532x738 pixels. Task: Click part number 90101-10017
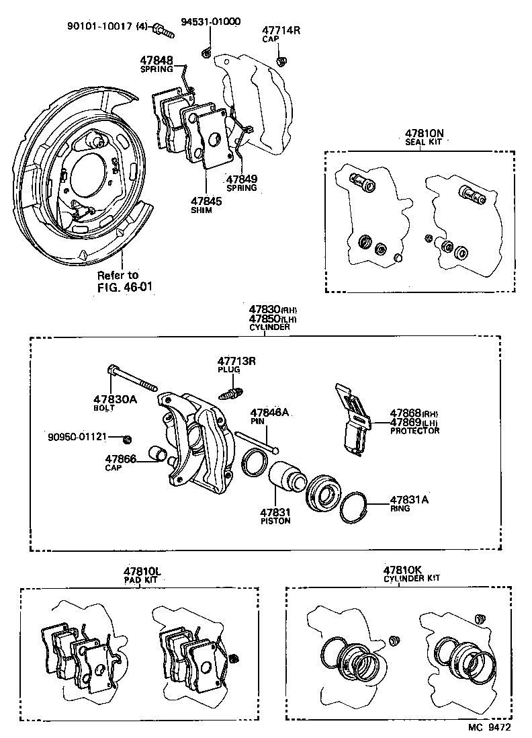(99, 27)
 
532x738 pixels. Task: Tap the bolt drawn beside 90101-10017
(162, 29)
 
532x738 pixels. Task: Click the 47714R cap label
(280, 31)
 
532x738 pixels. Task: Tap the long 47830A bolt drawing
(131, 378)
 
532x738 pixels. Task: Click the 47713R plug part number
(236, 361)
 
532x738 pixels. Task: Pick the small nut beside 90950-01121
(127, 440)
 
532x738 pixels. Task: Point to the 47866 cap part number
(120, 459)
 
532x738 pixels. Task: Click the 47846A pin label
(269, 413)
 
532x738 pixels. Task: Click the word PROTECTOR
(414, 431)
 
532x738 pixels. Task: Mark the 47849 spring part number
(242, 179)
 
